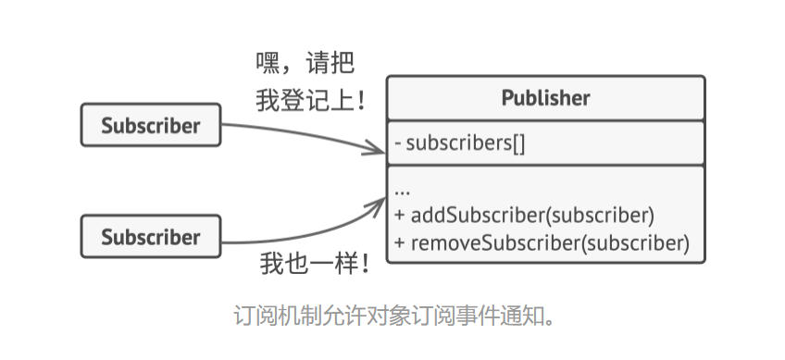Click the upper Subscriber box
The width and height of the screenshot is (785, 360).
point(151,126)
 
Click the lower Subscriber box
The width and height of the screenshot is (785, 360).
point(151,237)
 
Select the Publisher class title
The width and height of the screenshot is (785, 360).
point(545,98)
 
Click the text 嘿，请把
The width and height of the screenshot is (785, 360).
point(305,64)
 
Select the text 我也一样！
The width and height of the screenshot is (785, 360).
point(315,266)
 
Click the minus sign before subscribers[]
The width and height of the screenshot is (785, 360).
point(397,144)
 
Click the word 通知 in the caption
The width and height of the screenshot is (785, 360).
point(514,317)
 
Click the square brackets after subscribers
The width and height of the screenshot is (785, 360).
point(517,143)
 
